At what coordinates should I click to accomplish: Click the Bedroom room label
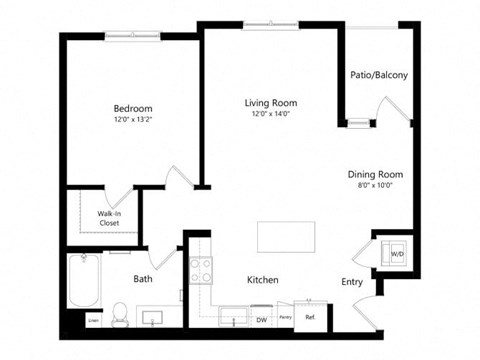coord(132,109)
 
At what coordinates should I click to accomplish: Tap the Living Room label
coord(271,103)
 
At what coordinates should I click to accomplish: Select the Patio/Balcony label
coord(378,75)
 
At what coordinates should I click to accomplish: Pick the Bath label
coord(143,279)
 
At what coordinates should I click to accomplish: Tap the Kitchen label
coord(263,280)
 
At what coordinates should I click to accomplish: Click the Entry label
coord(352,282)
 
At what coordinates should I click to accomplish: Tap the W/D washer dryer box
coord(396,253)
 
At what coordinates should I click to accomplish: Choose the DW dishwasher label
coord(261,319)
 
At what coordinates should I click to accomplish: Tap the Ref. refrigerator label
coord(310,318)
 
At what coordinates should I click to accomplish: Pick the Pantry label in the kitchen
coord(285,318)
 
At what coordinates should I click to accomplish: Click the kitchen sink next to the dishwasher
coord(235,318)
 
